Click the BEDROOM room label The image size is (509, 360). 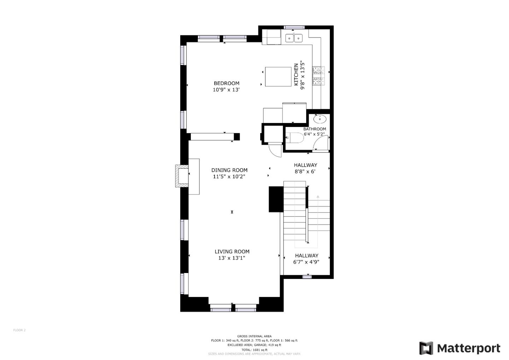[x=227, y=83]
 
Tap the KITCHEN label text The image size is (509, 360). [x=296, y=75]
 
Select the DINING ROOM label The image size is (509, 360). [x=229, y=170]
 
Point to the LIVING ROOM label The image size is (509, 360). [x=232, y=251]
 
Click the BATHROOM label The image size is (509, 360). [x=315, y=129]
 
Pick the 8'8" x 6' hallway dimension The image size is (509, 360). [x=305, y=172]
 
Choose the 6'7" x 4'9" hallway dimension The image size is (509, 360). [x=306, y=262]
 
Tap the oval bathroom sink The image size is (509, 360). [x=320, y=119]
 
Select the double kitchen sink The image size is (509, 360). [x=294, y=38]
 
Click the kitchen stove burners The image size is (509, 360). [x=318, y=76]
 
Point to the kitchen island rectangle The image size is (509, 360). [x=278, y=77]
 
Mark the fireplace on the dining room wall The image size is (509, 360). [x=182, y=176]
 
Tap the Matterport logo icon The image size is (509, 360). [x=426, y=348]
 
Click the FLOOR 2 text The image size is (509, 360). [x=19, y=330]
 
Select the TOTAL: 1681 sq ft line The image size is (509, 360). [x=254, y=350]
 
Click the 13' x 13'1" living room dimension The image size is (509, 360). [x=232, y=258]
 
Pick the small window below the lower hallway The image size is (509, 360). [x=307, y=277]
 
